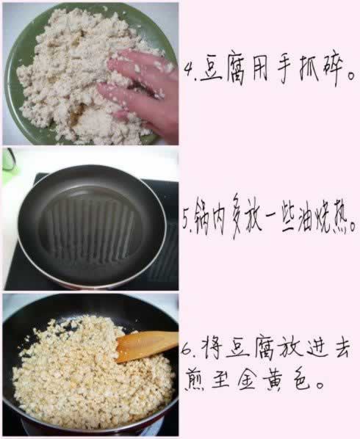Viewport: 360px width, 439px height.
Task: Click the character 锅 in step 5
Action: [x=202, y=218]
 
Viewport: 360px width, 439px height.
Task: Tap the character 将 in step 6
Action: [x=211, y=348]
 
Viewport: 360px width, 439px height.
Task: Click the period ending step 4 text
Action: [x=351, y=76]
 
